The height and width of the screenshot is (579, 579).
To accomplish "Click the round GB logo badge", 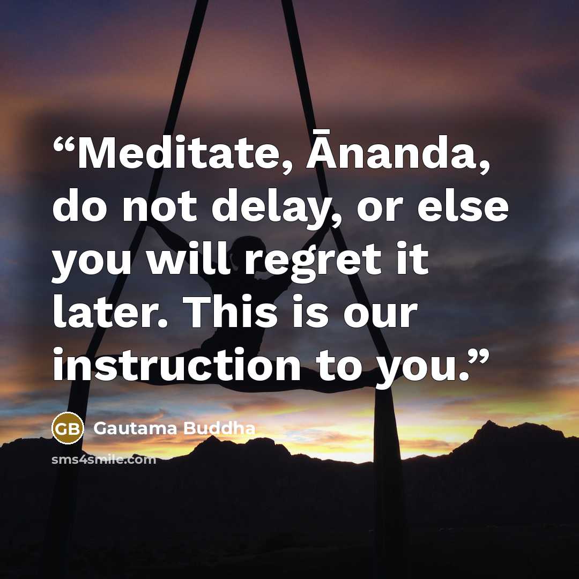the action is (68, 428).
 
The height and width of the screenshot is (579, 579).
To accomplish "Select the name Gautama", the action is (135, 428).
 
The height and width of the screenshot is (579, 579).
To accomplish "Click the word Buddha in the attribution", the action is (219, 428).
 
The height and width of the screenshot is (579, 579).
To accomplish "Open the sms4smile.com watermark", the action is (104, 460).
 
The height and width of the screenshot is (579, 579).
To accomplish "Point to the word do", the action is (80, 205).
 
